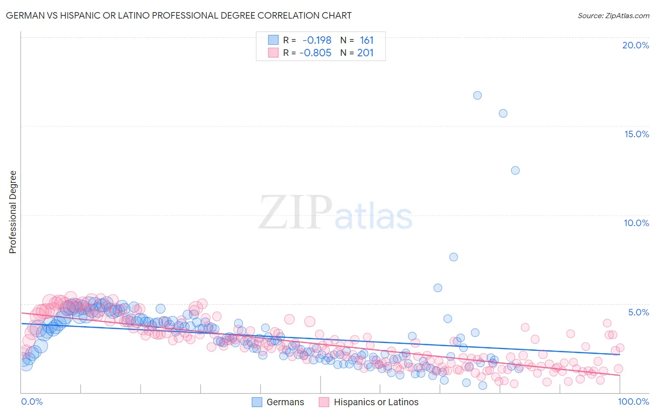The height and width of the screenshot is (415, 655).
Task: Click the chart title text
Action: (x=178, y=15)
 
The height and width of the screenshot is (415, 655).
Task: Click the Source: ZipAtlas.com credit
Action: (x=613, y=15)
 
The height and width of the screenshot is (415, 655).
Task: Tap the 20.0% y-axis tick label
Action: (x=635, y=45)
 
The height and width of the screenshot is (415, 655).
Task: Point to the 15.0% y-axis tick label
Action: (x=636, y=134)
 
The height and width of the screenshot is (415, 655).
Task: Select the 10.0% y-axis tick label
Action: (x=636, y=223)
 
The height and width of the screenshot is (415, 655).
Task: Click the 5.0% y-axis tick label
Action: (x=638, y=312)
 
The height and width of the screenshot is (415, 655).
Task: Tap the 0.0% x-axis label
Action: (x=32, y=402)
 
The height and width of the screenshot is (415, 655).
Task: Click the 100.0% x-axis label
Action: (x=633, y=402)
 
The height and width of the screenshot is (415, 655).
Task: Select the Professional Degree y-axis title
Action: (x=13, y=212)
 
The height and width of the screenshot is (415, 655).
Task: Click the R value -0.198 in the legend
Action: (x=317, y=40)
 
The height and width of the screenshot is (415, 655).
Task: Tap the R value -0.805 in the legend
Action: (x=315, y=53)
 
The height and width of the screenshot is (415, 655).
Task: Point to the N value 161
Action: (x=367, y=40)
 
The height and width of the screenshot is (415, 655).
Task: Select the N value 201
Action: (x=365, y=53)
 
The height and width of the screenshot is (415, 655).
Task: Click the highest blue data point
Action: (x=478, y=95)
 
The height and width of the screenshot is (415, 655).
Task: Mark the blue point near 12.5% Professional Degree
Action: (x=515, y=170)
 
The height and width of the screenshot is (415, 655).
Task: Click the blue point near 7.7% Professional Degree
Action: (x=453, y=257)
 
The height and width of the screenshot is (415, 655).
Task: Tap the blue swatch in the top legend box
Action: (x=273, y=40)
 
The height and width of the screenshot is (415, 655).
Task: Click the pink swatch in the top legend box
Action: (x=273, y=53)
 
